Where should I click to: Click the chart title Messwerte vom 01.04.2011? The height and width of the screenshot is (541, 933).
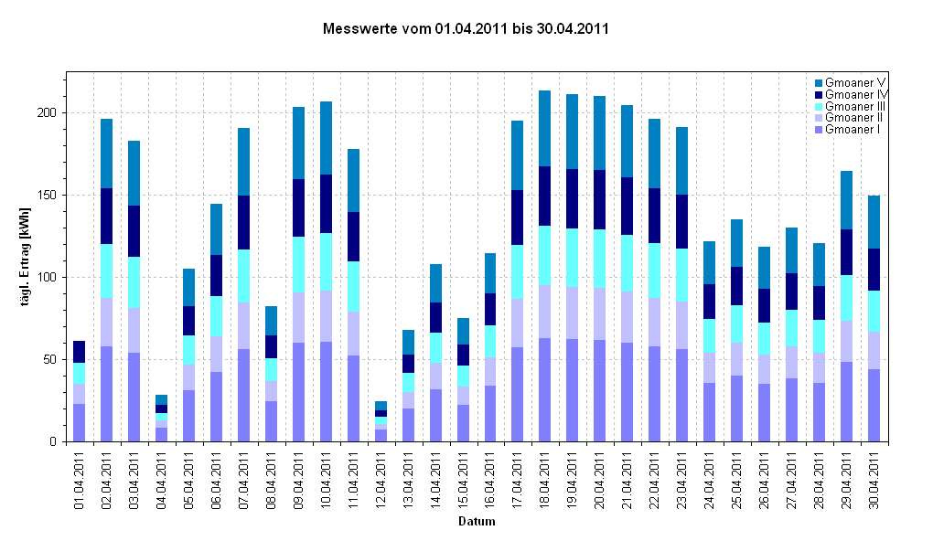(466, 28)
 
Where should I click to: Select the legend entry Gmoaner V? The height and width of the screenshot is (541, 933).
(852, 83)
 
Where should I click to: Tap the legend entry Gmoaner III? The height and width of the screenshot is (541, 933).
(853, 106)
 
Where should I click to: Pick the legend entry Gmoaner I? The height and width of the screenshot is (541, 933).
(851, 130)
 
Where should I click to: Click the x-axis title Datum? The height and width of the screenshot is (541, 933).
(477, 523)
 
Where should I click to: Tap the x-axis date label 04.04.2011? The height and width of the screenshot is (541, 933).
(162, 479)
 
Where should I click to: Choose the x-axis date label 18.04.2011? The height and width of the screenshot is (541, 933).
(545, 479)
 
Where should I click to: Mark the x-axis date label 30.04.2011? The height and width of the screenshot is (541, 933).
(874, 479)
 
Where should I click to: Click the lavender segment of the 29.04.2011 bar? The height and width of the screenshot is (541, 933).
(847, 341)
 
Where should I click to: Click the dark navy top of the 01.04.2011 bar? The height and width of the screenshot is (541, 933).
(80, 352)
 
